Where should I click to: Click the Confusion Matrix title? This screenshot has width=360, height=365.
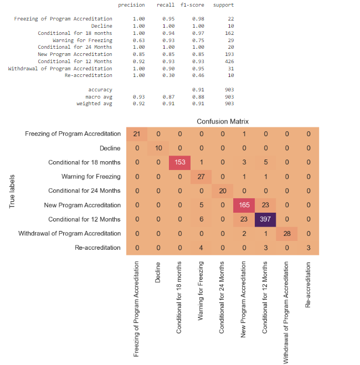(223, 121)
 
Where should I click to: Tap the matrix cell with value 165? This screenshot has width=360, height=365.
(244, 205)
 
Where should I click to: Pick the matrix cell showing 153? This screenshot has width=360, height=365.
(179, 162)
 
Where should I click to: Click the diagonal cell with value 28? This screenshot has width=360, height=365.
(287, 233)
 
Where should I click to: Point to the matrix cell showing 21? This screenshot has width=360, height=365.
(136, 133)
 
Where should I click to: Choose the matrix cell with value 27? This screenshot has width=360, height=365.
(201, 177)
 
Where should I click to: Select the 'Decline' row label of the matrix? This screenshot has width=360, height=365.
(110, 148)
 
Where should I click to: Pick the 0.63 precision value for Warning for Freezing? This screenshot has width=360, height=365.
(138, 40)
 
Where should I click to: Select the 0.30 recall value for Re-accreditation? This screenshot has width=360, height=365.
(164, 75)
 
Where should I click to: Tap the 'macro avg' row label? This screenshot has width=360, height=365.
(100, 96)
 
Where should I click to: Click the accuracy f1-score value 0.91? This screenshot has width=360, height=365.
(197, 89)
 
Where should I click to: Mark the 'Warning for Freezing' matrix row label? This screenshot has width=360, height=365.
(92, 177)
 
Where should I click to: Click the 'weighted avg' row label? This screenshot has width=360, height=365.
(95, 104)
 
